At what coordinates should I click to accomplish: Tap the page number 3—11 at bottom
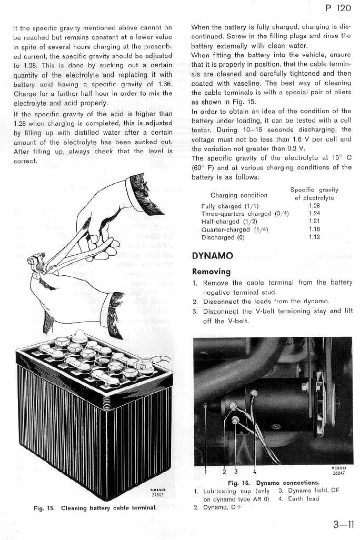coord(343,524)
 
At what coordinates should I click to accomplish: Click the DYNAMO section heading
coord(212,256)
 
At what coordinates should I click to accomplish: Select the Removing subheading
coord(211,272)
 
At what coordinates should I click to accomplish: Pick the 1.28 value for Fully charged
coord(314,206)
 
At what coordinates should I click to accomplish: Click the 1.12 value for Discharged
coord(314,237)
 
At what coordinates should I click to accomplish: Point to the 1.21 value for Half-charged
coord(314,222)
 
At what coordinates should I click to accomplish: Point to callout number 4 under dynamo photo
coord(255,471)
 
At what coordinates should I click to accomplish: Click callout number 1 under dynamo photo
coord(206,471)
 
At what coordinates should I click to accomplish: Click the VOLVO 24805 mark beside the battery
coord(158,492)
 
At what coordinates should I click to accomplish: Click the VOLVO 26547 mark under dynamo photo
coord(339,470)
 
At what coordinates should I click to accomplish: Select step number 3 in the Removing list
coord(195,311)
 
